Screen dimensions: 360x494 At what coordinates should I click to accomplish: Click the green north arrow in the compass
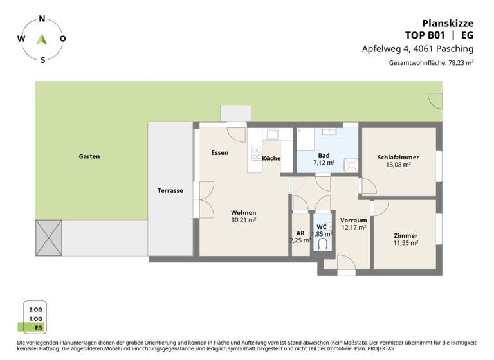(x=42, y=39)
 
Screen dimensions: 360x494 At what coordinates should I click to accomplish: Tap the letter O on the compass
(x=62, y=39)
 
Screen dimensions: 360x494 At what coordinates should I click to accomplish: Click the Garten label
(x=89, y=156)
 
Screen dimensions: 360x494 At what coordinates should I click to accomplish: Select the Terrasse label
(x=170, y=190)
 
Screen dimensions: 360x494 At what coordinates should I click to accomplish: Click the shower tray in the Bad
(x=351, y=164)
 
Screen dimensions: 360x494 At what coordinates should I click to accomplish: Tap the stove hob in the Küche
(x=255, y=154)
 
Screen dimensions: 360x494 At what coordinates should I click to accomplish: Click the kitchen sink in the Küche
(x=271, y=134)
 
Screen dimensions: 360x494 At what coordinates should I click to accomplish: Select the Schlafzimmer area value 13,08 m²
(x=399, y=165)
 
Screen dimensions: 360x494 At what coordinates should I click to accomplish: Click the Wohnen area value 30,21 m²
(x=244, y=220)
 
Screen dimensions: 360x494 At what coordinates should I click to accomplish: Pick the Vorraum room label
(x=353, y=219)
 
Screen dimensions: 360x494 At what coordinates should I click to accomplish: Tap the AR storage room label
(x=300, y=233)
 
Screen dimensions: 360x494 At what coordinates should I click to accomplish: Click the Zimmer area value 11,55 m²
(x=406, y=243)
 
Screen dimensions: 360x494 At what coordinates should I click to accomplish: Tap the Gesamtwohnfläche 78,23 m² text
(x=431, y=63)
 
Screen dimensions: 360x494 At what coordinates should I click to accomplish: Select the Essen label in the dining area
(x=219, y=152)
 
